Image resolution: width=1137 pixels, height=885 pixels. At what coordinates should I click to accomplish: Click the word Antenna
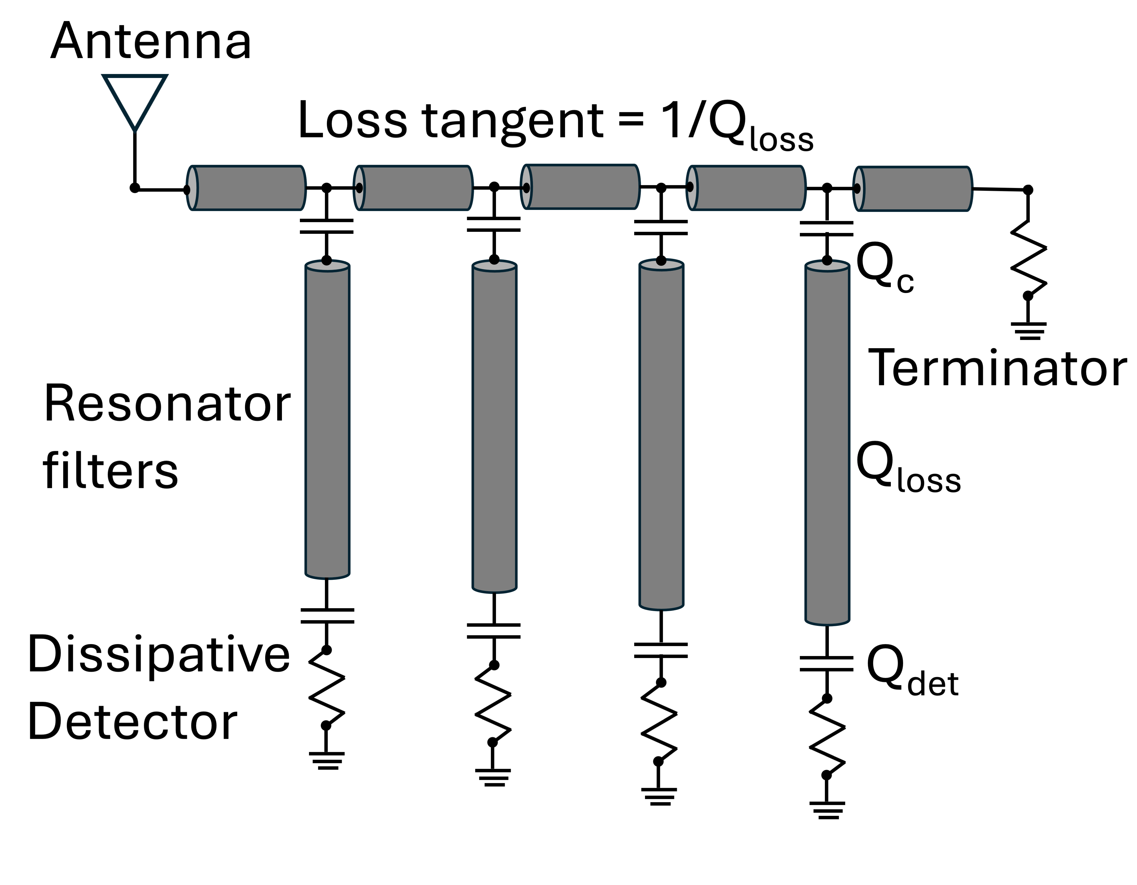[x=151, y=41]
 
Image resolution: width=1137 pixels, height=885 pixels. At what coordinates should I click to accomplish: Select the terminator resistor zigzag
[x=1028, y=258]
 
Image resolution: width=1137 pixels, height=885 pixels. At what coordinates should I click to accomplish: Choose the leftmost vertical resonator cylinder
[x=327, y=419]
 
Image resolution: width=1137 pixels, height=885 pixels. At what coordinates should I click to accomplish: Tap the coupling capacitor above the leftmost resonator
[x=326, y=227]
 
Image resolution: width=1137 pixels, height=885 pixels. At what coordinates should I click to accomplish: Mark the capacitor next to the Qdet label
[x=827, y=664]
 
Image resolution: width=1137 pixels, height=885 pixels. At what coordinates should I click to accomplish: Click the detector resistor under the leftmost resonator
[x=326, y=688]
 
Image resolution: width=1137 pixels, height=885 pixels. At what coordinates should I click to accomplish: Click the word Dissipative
[x=159, y=655]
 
